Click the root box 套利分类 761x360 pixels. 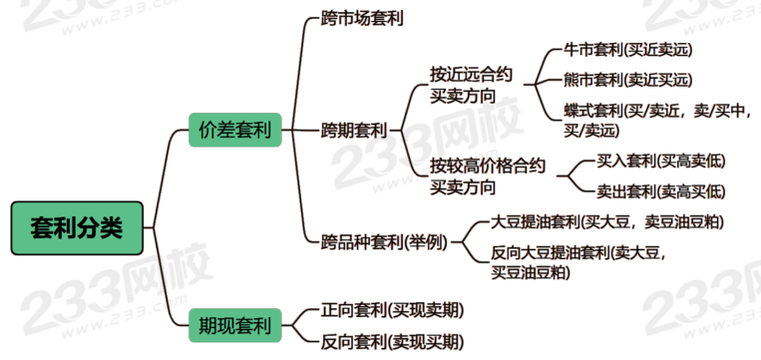(77, 228)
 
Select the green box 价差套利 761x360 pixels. (235, 130)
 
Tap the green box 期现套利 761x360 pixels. (235, 325)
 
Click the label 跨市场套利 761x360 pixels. (362, 19)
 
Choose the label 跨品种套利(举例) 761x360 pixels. (384, 241)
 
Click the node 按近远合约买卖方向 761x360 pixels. (471, 85)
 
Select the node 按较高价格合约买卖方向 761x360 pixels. (488, 177)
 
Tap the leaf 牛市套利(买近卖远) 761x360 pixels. (627, 50)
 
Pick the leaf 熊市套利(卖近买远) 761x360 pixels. (627, 80)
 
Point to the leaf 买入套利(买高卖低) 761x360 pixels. (660, 162)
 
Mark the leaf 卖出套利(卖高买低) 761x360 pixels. (660, 191)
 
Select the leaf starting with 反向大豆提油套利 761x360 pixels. (580, 262)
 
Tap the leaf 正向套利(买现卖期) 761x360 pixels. (392, 309)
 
